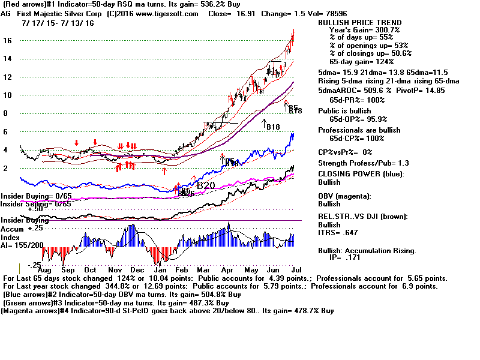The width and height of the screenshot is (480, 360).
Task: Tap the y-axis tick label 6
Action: point(5,131)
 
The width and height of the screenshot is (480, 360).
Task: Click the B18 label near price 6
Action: point(274,127)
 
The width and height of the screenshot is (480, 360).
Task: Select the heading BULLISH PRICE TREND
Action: point(360,23)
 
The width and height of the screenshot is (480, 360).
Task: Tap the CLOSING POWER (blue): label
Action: point(360,175)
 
